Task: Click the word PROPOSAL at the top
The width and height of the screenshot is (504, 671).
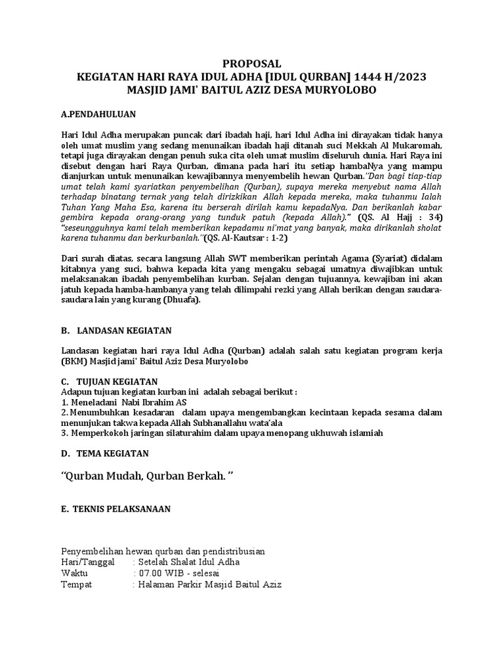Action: pyautogui.click(x=252, y=64)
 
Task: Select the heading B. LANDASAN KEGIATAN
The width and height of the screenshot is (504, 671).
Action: pyautogui.click(x=115, y=331)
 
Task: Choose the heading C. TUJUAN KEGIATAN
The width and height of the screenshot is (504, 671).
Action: pyautogui.click(x=110, y=382)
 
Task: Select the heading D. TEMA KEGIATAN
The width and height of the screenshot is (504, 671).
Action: pyautogui.click(x=105, y=453)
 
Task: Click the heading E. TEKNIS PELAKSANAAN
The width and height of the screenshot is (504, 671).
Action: pyautogui.click(x=116, y=508)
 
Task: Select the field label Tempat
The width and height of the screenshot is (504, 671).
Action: pyautogui.click(x=77, y=585)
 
